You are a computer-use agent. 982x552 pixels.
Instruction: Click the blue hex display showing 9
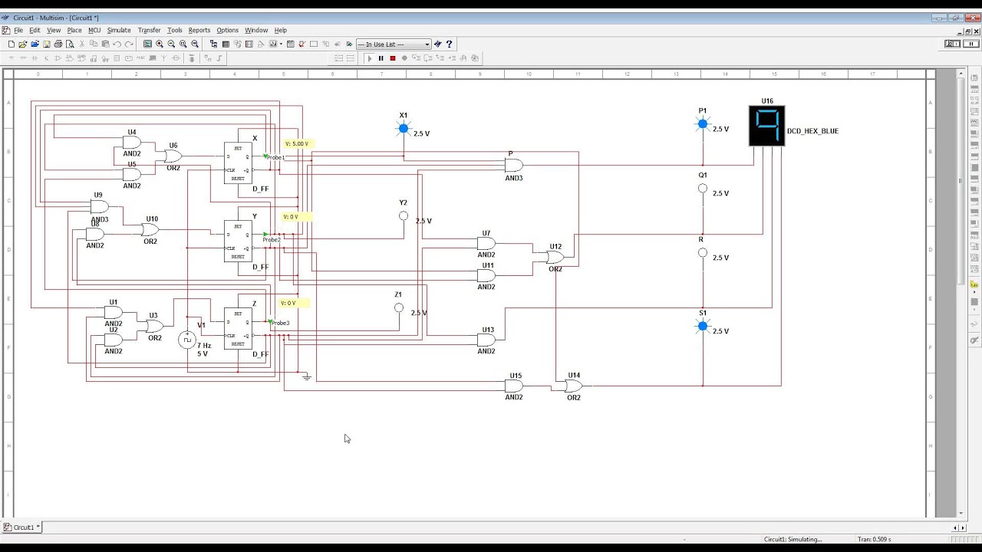pyautogui.click(x=766, y=125)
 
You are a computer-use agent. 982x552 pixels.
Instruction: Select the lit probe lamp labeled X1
pyautogui.click(x=404, y=129)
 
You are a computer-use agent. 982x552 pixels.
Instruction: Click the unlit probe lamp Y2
pyautogui.click(x=404, y=216)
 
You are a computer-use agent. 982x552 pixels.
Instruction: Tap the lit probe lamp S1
pyautogui.click(x=703, y=326)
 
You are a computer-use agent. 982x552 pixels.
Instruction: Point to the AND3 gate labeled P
pyautogui.click(x=513, y=165)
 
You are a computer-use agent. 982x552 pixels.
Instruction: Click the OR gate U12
pyautogui.click(x=555, y=258)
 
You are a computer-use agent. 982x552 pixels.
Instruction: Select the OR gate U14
pyautogui.click(x=573, y=386)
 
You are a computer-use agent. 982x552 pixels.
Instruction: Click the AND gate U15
pyautogui.click(x=514, y=386)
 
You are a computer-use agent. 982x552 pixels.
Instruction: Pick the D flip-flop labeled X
pyautogui.click(x=238, y=163)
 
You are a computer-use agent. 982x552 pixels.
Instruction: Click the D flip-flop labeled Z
pyautogui.click(x=238, y=328)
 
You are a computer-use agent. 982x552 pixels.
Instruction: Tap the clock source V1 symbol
pyautogui.click(x=187, y=340)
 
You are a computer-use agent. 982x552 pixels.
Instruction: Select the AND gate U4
pyautogui.click(x=131, y=143)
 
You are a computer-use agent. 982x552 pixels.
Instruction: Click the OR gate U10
pyautogui.click(x=150, y=230)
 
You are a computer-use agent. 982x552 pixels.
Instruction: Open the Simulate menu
pyautogui.click(x=119, y=31)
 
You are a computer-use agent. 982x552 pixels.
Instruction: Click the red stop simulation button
pyautogui.click(x=393, y=58)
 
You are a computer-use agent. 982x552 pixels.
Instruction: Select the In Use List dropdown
pyautogui.click(x=394, y=44)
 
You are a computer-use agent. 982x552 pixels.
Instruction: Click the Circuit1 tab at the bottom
pyautogui.click(x=23, y=527)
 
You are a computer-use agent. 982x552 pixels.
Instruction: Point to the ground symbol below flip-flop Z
pyautogui.click(x=306, y=376)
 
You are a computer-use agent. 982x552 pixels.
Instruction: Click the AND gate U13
pyautogui.click(x=486, y=340)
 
